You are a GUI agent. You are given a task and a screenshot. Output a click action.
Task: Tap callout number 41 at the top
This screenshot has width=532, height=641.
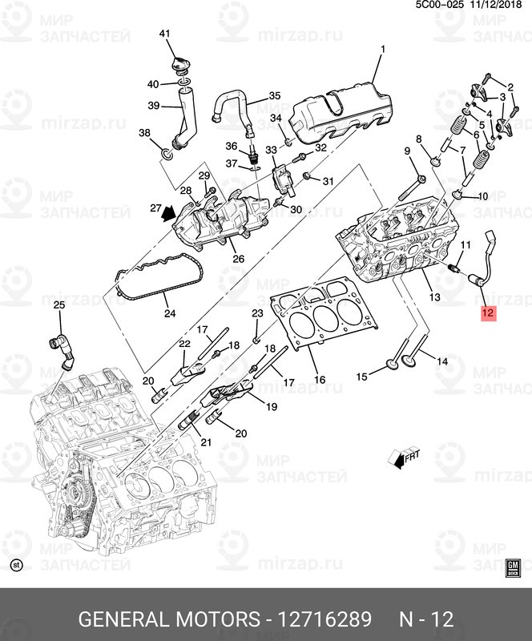pos(165,34)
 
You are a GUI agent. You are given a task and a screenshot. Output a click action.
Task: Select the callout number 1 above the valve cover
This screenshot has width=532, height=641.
pos(382,50)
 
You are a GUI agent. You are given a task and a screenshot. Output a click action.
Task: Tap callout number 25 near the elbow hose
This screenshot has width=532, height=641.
pos(58,305)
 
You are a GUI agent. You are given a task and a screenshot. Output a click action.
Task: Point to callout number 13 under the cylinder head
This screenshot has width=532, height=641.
pos(434,297)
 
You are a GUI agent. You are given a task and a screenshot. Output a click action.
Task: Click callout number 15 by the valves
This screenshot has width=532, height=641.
pos(361,376)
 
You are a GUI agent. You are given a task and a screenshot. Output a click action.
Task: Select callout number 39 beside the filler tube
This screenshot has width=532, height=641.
pos(154,106)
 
